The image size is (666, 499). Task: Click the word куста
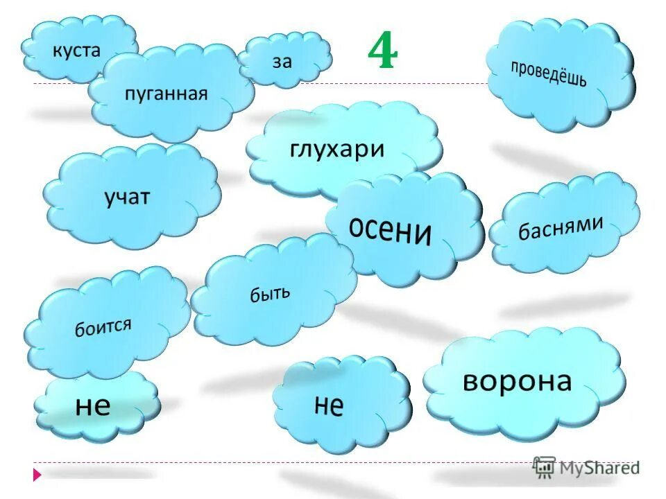click(76, 50)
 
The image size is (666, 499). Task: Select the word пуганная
click(166, 94)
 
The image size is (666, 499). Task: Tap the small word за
click(282, 62)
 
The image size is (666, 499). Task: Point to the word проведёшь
click(548, 74)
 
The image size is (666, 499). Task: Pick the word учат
click(127, 198)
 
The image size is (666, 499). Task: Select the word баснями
click(561, 227)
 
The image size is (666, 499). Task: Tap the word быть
click(270, 295)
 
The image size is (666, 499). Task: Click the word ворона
click(518, 380)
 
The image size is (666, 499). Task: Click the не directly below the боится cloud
click(93, 405)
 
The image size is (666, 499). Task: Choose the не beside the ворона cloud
click(329, 405)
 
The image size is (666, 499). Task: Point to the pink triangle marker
click(37, 474)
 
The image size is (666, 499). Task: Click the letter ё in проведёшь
click(557, 74)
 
